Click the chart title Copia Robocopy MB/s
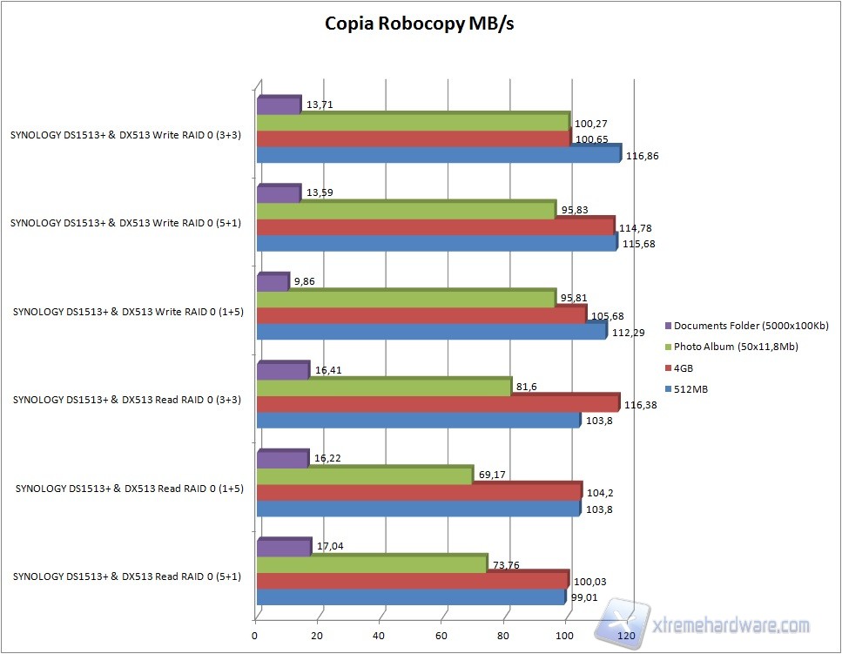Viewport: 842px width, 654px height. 420,24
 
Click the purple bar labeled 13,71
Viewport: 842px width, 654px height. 279,106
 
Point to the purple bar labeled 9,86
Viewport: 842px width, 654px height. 273,283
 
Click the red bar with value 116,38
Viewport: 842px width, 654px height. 437,404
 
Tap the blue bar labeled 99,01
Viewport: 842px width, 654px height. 410,598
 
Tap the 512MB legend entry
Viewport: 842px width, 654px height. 690,389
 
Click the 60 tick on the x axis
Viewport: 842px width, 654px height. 441,636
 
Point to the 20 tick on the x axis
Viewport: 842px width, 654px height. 318,636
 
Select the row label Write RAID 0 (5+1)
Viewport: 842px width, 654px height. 125,223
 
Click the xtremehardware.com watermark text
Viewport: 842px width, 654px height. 731,625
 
